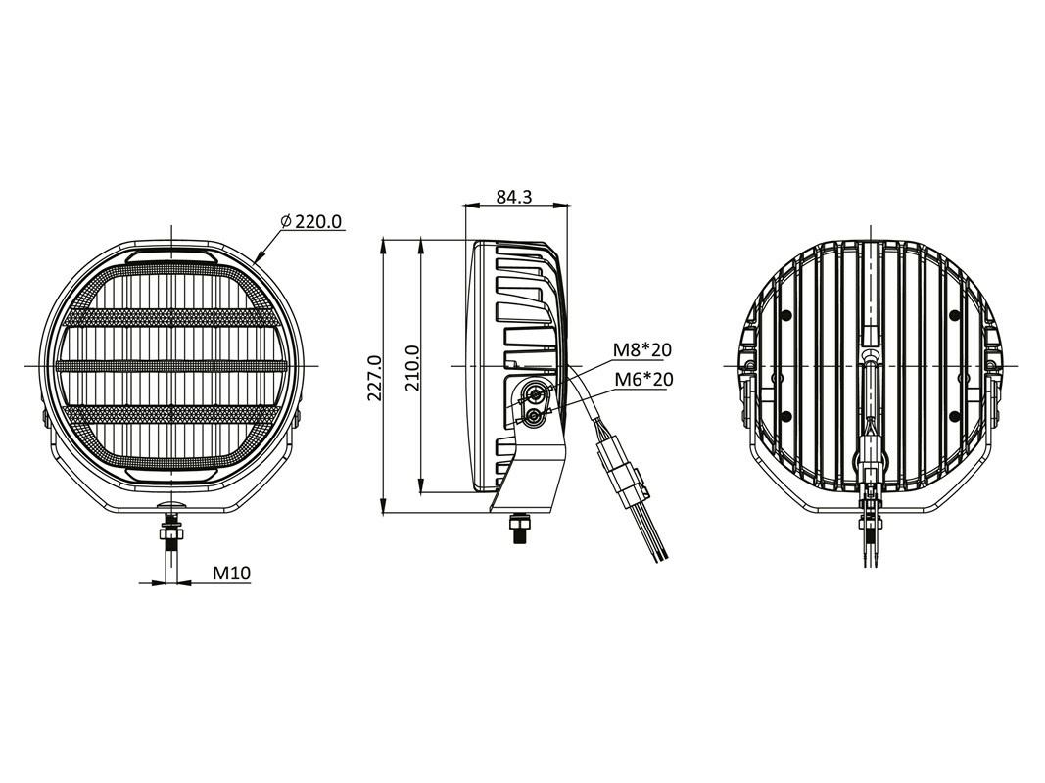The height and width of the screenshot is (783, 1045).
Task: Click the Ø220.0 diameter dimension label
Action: [x=311, y=222]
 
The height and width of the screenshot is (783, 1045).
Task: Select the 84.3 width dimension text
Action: [x=513, y=197]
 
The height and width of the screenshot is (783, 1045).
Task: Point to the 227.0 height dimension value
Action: [x=372, y=376]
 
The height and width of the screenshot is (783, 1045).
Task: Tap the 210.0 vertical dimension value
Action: [x=412, y=368]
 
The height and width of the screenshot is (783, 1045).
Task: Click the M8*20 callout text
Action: [x=642, y=350]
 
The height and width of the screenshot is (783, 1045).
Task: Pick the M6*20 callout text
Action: [x=642, y=379]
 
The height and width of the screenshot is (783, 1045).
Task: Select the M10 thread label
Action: [x=232, y=574]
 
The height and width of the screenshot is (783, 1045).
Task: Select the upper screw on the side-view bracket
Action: [x=535, y=393]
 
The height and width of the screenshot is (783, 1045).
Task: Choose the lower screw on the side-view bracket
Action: [x=534, y=416]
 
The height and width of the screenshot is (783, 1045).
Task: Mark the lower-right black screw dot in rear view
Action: [x=954, y=417]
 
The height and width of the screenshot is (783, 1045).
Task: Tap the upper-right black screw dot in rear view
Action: [x=954, y=315]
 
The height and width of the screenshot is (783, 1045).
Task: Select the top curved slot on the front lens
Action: [x=172, y=256]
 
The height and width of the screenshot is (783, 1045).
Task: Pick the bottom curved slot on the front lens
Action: [x=172, y=475]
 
